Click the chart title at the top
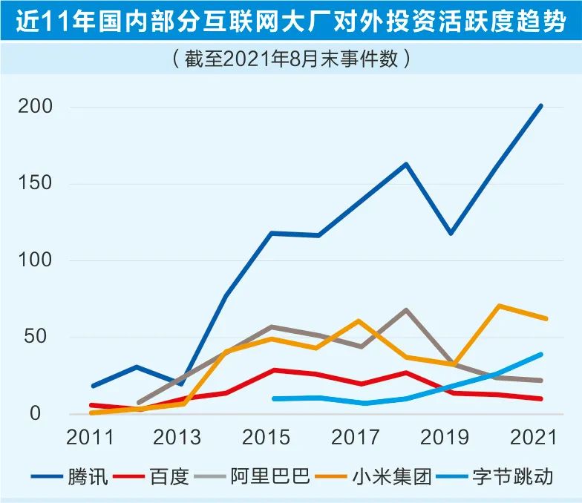pos(291,22)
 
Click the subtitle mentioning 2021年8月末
pos(290,57)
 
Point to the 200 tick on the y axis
pos(35,107)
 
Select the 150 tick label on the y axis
pos(35,184)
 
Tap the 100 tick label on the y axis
pos(35,261)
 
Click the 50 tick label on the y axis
pos(41,338)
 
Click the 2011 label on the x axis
pos(91,438)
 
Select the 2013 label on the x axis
pos(176,438)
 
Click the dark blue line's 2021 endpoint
pos(541,106)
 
